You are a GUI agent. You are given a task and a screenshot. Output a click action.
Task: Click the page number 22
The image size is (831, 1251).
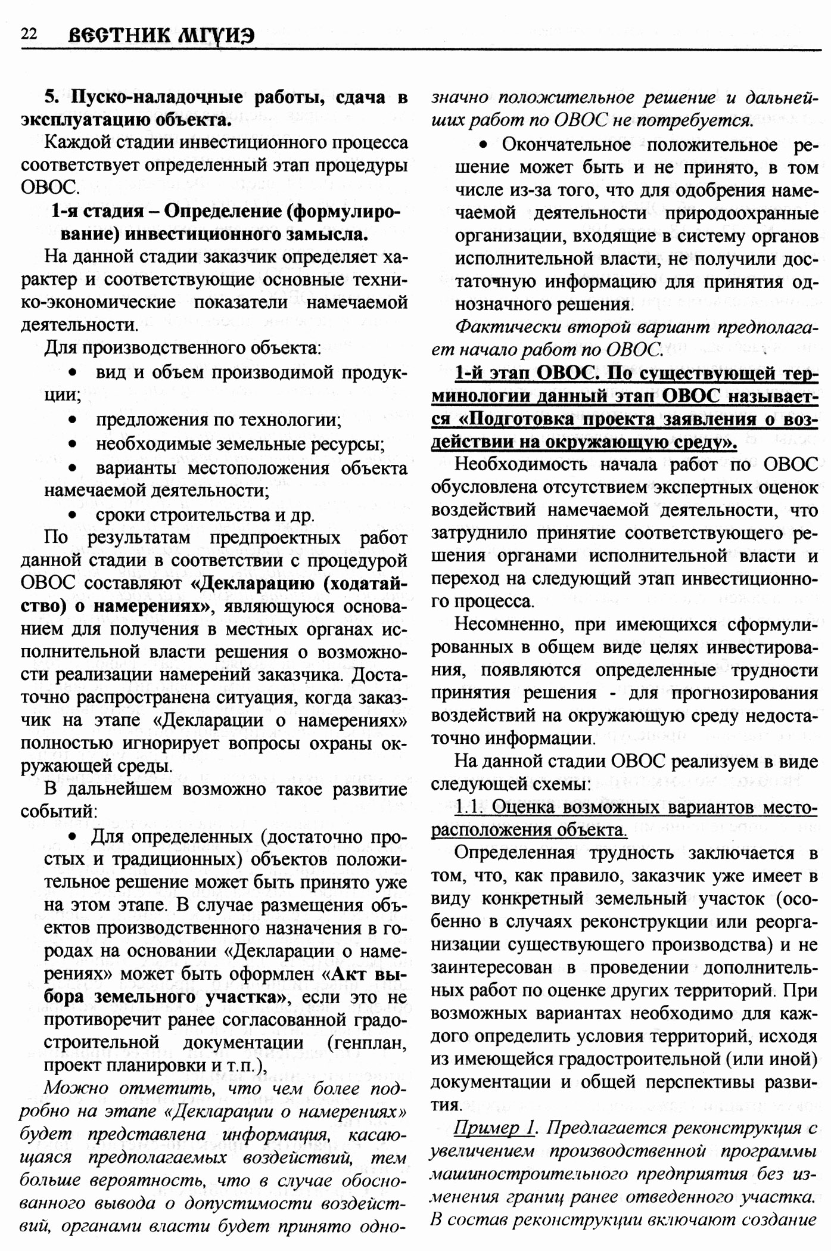pos(29,34)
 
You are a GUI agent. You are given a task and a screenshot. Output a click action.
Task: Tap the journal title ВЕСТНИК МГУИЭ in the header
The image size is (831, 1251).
pos(161,35)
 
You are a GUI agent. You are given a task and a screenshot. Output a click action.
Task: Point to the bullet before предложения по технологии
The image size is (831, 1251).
pos(73,420)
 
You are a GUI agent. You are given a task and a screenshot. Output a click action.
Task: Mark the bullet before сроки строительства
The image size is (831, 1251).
pos(73,514)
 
